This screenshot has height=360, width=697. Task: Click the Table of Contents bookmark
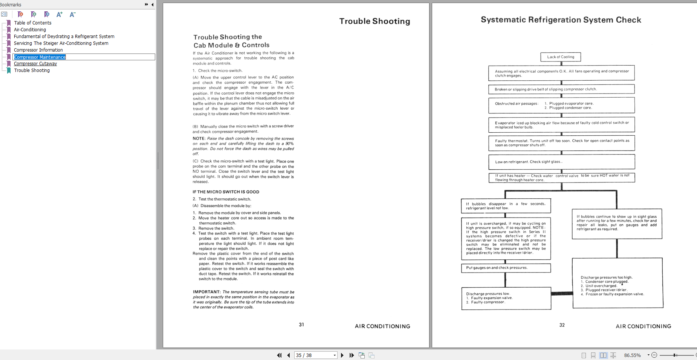click(x=32, y=23)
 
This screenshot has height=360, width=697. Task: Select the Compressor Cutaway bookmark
click(x=35, y=64)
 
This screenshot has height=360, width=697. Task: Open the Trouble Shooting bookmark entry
click(x=32, y=70)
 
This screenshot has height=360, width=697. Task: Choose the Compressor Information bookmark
click(x=38, y=50)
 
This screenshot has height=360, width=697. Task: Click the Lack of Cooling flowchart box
click(x=561, y=57)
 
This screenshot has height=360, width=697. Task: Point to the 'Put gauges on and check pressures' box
click(x=506, y=268)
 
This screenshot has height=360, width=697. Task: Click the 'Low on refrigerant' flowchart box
click(x=561, y=162)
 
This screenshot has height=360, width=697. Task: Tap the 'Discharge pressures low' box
click(x=506, y=298)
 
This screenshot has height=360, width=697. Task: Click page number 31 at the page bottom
click(x=301, y=325)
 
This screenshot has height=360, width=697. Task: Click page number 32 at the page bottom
click(x=562, y=325)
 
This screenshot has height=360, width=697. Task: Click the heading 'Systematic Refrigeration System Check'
click(x=561, y=20)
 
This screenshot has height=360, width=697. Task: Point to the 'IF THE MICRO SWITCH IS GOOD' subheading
click(x=226, y=192)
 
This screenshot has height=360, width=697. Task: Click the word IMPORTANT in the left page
click(x=206, y=292)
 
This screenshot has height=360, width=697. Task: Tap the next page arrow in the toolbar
click(x=342, y=355)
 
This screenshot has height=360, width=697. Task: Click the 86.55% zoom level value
click(x=632, y=355)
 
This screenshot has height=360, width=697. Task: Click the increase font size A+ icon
click(x=59, y=15)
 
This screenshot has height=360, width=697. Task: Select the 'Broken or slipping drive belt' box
click(x=561, y=89)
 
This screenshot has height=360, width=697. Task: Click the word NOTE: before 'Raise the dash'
click(x=199, y=138)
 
